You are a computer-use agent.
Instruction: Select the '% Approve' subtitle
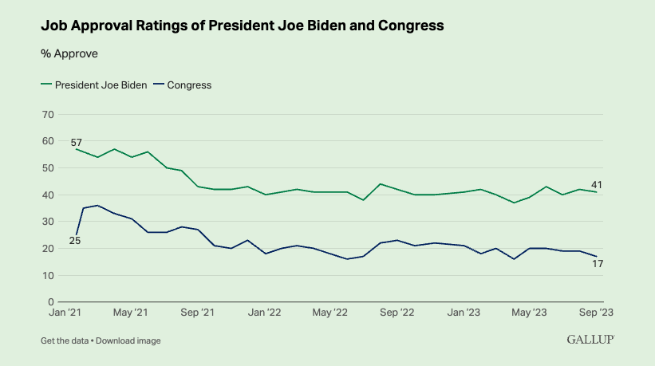point(69,54)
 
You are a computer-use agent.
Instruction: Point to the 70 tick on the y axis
point(47,114)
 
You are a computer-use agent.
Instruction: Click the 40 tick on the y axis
point(47,195)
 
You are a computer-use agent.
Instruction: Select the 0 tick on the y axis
point(50,302)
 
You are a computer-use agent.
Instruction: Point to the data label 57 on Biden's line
point(77,142)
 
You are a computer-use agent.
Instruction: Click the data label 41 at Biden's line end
point(596,184)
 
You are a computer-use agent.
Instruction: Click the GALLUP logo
point(590,340)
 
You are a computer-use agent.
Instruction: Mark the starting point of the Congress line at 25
point(77,235)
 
